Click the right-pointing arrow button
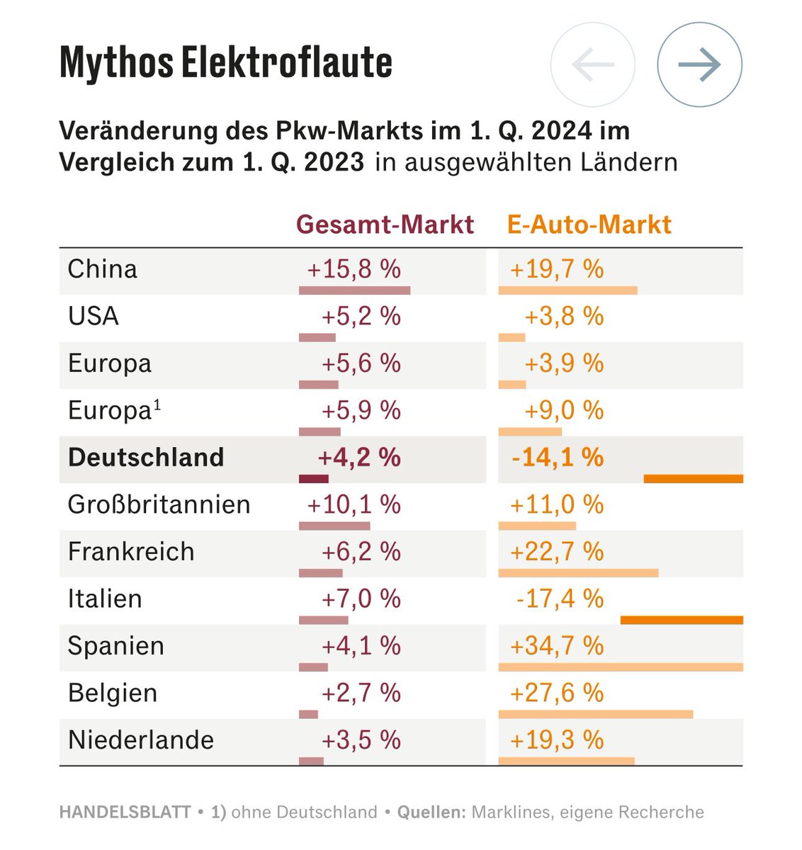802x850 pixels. point(699,64)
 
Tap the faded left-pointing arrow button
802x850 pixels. point(592,64)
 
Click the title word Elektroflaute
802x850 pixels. point(286,62)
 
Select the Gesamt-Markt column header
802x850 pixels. point(385,225)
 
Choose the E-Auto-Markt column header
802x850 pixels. point(589,225)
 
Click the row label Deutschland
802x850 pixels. point(146,458)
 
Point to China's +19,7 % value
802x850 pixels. point(557,269)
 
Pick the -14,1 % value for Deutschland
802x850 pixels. point(558,458)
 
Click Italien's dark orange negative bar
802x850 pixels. point(682,620)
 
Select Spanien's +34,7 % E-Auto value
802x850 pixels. point(557,646)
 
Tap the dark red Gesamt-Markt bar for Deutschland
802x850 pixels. point(314,480)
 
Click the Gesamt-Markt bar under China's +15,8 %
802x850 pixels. point(354,290)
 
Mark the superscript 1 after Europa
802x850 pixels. point(157,405)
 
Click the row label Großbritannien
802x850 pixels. point(159,505)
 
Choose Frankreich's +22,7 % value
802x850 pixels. point(557,552)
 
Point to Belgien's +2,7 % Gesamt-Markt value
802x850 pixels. point(361,693)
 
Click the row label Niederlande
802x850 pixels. point(141,740)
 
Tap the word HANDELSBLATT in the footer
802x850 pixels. point(125,812)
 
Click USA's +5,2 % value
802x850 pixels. point(361,317)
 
